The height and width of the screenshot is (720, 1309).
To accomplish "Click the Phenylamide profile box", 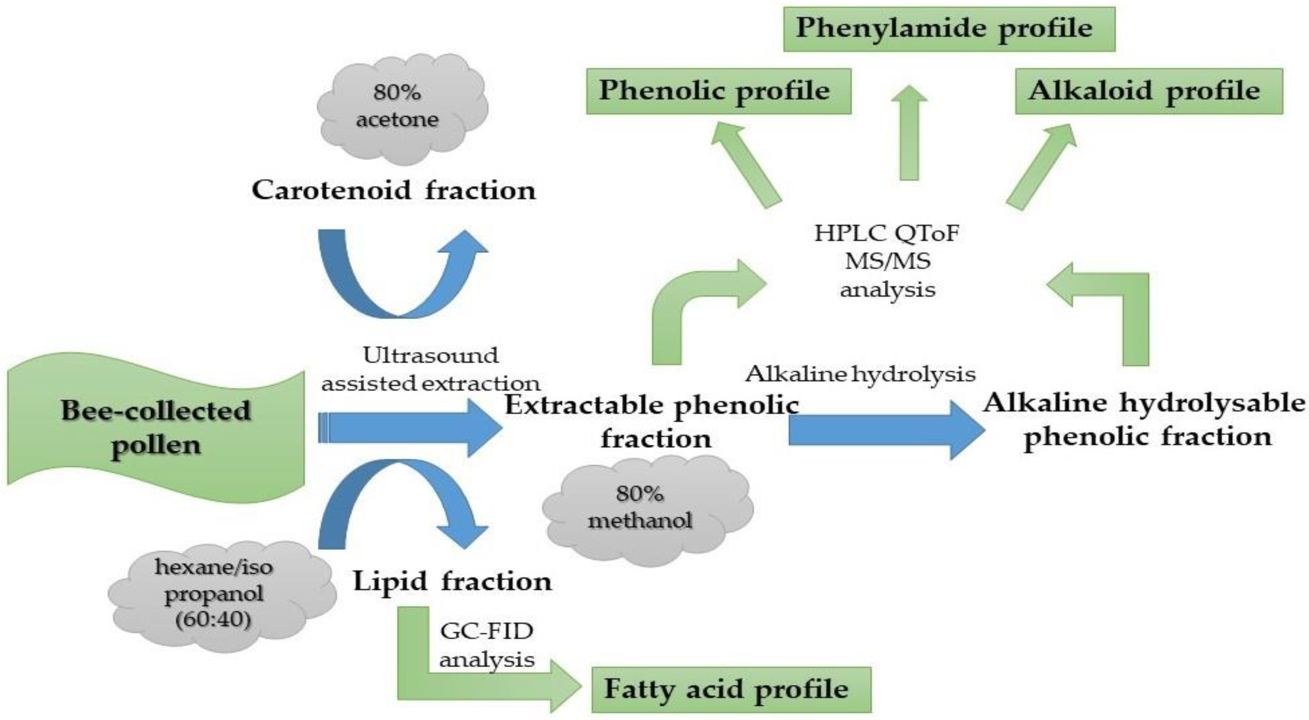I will (949, 29).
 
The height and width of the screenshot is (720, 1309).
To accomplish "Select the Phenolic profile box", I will (718, 92).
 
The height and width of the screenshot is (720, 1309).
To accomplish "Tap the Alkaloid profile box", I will (1148, 92).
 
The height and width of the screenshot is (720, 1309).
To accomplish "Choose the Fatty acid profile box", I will (731, 690).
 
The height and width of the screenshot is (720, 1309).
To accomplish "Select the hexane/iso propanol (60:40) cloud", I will (218, 595).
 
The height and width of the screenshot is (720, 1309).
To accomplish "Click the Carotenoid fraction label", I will (394, 191).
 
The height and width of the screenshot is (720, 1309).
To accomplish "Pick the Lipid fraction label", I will (452, 581).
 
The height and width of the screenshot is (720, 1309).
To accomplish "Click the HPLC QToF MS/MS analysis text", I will (887, 262).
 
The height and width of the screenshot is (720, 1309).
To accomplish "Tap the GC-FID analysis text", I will (487, 645).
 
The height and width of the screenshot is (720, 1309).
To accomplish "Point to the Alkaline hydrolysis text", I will (861, 375).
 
